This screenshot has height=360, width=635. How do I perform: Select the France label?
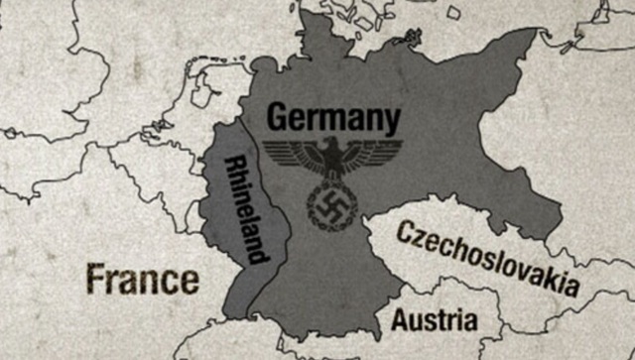point(142,279)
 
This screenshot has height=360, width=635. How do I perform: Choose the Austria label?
point(434,320)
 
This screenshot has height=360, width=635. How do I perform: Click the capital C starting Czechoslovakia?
point(405,232)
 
